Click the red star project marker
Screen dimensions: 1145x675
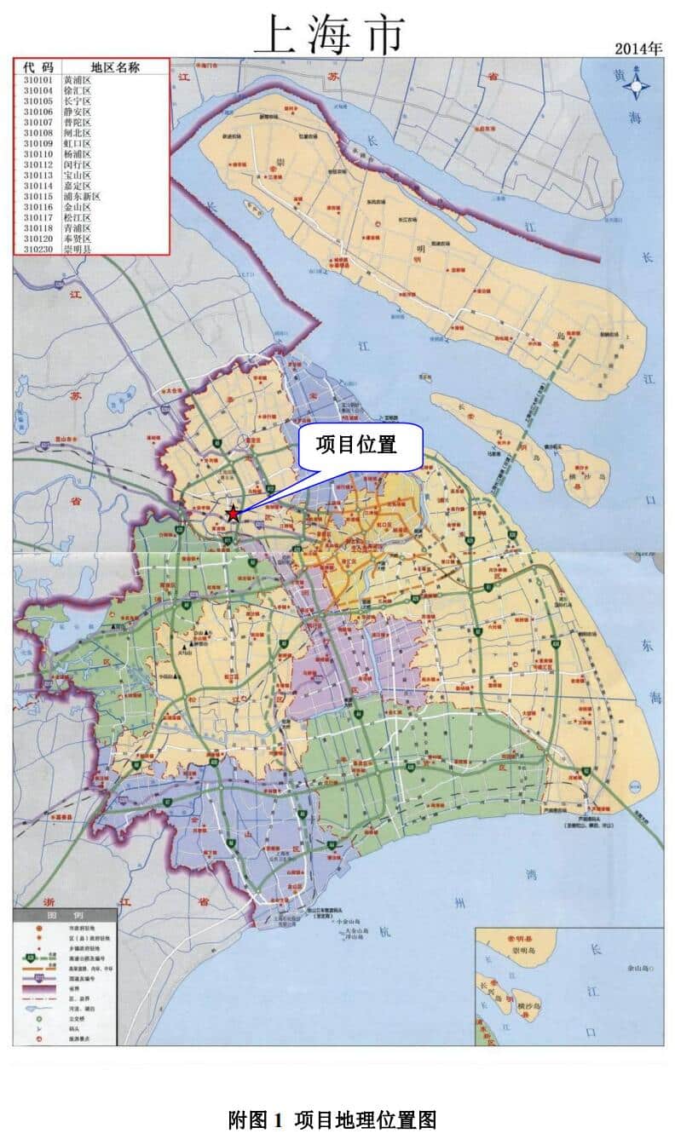point(233,513)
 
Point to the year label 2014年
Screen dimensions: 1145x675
point(638,49)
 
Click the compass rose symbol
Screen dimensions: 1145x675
point(636,86)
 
